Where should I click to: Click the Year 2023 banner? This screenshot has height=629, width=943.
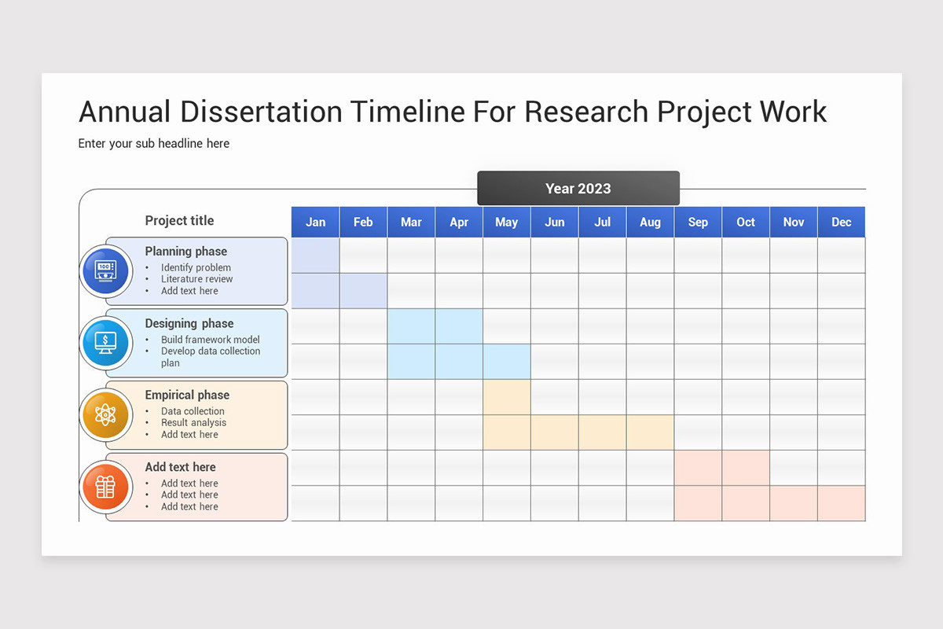pos(578,189)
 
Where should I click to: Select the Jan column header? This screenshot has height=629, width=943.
pos(315,223)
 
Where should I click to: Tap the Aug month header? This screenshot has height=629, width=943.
pos(650,223)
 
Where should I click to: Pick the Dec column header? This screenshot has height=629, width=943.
pos(841,223)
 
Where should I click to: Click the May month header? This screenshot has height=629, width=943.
pos(506,223)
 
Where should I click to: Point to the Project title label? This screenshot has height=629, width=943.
pos(179,221)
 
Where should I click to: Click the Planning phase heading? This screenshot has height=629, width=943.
pos(185,252)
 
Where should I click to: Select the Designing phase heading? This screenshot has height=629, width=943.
pos(189,323)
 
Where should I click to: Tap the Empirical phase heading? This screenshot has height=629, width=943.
pos(187,395)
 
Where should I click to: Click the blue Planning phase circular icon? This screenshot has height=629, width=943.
pos(105,270)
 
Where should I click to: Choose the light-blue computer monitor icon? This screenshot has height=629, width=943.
pos(105,343)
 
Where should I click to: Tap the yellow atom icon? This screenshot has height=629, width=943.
pos(105,414)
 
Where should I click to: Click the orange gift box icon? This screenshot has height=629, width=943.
pos(105,487)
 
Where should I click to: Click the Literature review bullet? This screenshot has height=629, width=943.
pos(196,279)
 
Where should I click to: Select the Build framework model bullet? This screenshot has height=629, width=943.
pos(210,340)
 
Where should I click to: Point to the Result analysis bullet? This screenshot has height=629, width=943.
pos(193,423)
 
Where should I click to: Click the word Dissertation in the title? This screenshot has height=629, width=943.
pos(261,112)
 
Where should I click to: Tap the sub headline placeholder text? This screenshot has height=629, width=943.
pos(154,143)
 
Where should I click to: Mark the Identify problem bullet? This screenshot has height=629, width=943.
pos(196,267)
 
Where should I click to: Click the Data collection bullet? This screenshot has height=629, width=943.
pos(193,411)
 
